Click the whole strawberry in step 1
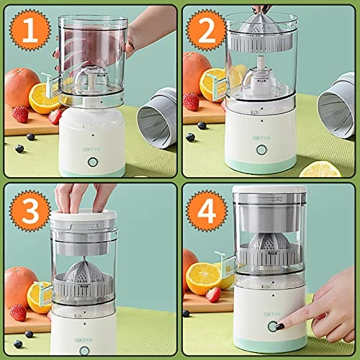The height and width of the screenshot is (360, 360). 21,114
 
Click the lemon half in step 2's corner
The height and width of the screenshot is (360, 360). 320,169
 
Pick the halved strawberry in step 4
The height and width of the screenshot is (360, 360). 213,294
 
